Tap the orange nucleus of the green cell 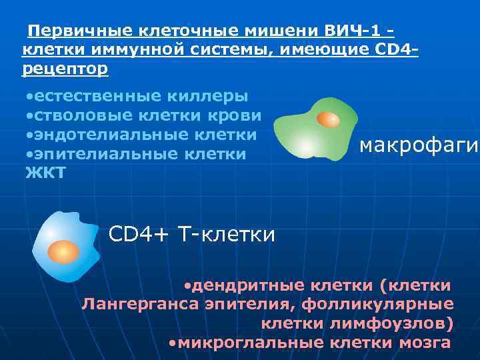(327, 120)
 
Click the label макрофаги (419, 145)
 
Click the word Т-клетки (226, 234)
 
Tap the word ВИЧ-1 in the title (353, 31)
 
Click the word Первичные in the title (81, 31)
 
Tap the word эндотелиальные (107, 135)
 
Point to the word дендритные (246, 286)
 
